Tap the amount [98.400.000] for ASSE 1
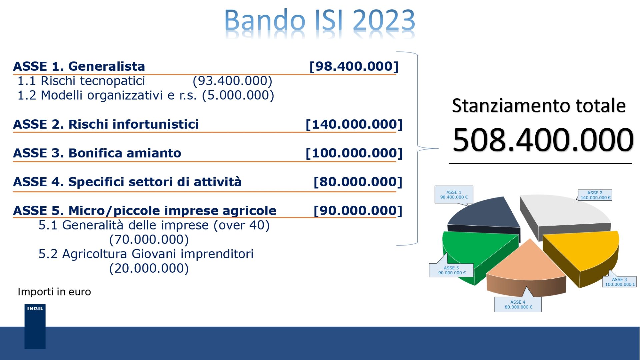(354, 66)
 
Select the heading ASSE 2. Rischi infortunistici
(106, 124)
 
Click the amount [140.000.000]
(354, 124)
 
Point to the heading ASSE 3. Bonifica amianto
(97, 153)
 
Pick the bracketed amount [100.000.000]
(354, 153)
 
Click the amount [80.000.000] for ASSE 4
(358, 182)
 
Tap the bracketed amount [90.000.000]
(358, 211)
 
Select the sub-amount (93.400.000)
(232, 81)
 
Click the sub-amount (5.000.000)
(238, 95)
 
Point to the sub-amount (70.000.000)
(149, 240)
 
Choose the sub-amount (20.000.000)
(149, 268)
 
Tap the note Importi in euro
(54, 292)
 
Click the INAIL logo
(35, 326)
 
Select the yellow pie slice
(580, 253)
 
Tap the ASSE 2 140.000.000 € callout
(595, 195)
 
